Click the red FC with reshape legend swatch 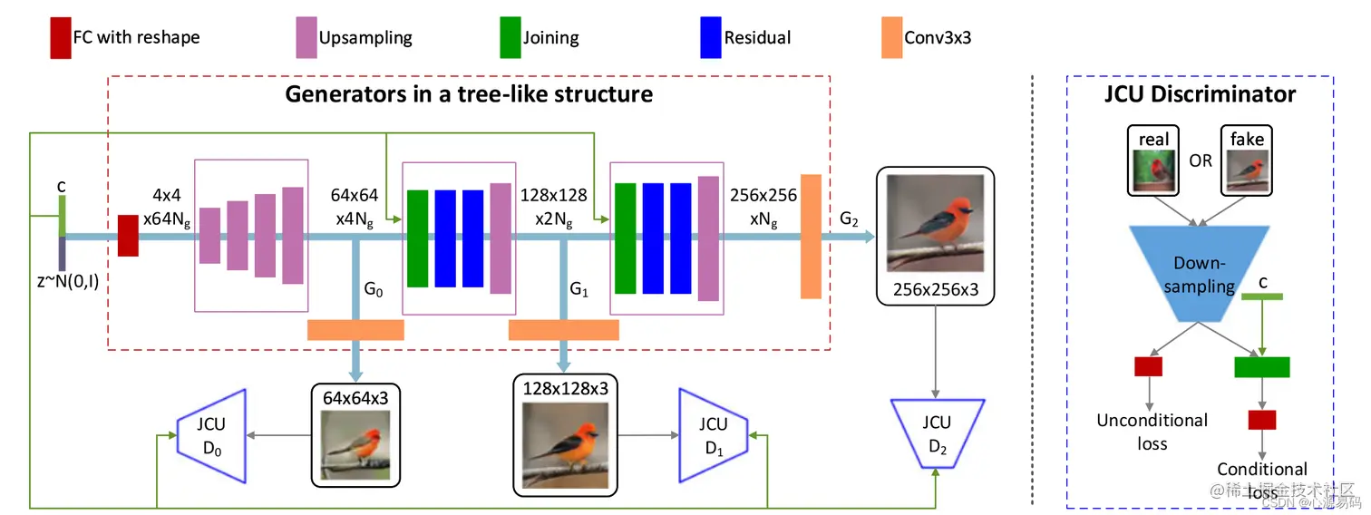pyautogui.click(x=61, y=38)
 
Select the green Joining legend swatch pyautogui.click(x=510, y=38)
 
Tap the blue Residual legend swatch pyautogui.click(x=710, y=38)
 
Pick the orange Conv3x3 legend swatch pyautogui.click(x=890, y=38)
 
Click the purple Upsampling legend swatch pyautogui.click(x=304, y=38)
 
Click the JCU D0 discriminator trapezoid pyautogui.click(x=213, y=433)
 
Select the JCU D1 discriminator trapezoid pyautogui.click(x=714, y=433)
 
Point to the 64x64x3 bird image pyautogui.click(x=355, y=445)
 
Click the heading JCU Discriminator pyautogui.click(x=1200, y=93)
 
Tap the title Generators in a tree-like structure pyautogui.click(x=469, y=93)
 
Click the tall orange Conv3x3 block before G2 pyautogui.click(x=811, y=237)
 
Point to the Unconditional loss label pyautogui.click(x=1152, y=432)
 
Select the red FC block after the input pyautogui.click(x=128, y=236)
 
